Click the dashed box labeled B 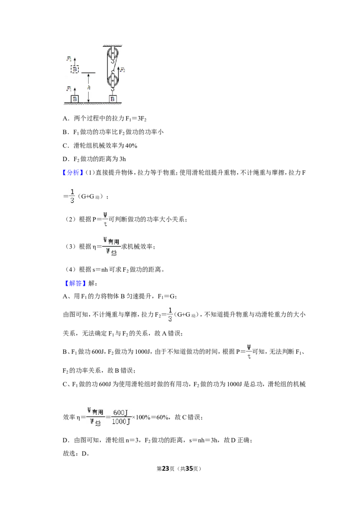coord(75,69)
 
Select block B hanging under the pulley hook coord(112,98)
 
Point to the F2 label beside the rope coord(122,69)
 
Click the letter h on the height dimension coord(89,88)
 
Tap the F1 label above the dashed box coord(69,59)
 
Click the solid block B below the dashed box coord(75,98)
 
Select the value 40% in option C coord(131,146)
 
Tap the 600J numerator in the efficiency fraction coord(120,413)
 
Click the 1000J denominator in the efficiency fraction coord(121,421)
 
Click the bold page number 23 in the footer coord(166,469)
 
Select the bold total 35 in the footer coord(189,469)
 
